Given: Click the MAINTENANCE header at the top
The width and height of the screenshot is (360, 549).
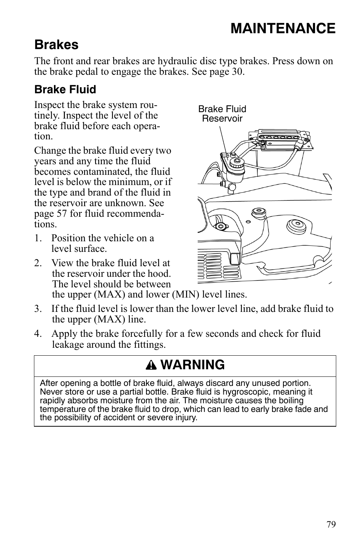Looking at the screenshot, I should [x=283, y=29].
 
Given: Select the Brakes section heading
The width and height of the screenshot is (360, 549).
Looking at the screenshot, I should [x=56, y=45].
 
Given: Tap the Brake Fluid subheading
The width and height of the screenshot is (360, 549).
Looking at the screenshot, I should [x=65, y=89].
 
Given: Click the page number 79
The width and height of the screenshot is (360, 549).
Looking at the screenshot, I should [x=331, y=524].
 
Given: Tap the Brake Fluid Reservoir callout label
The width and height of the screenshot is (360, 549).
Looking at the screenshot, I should [x=222, y=114].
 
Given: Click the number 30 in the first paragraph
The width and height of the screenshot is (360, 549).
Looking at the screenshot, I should [x=237, y=72].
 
